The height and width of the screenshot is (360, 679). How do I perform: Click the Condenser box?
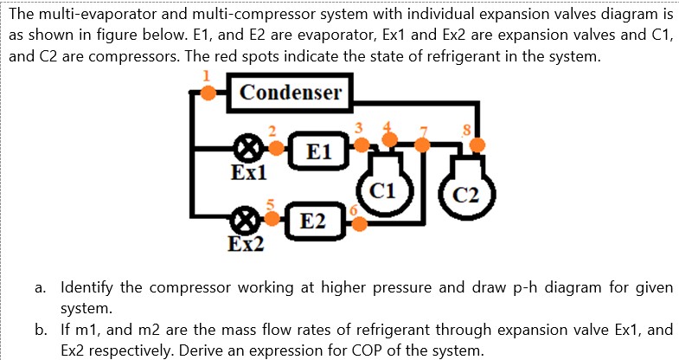coord(291,93)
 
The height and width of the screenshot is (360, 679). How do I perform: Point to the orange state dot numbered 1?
coord(208,93)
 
